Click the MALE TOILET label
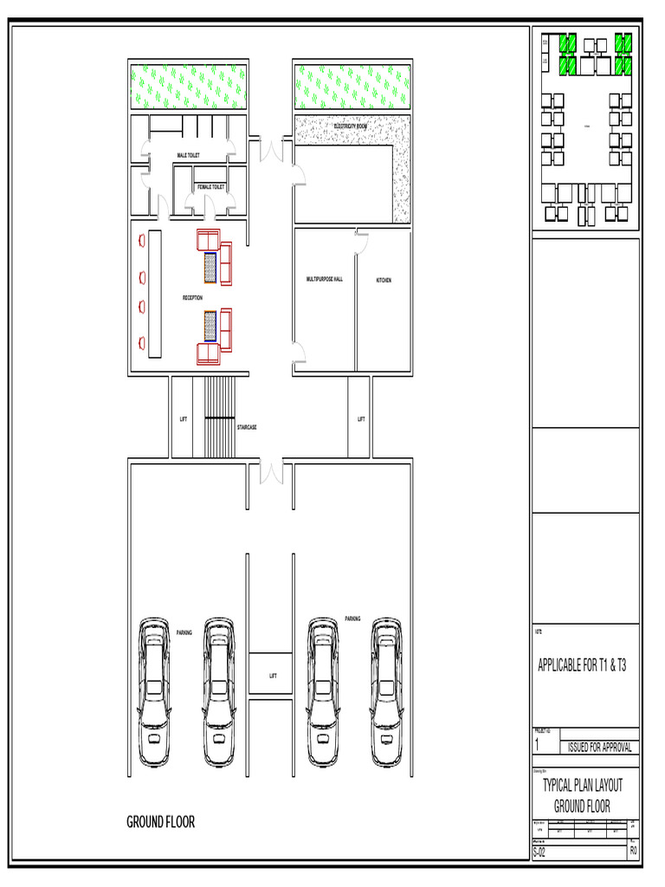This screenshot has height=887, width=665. pos(188,155)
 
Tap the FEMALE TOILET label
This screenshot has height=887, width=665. pos(210,187)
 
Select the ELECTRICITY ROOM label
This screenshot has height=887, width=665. pos(351,126)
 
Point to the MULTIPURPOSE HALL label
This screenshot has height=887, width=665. pos(324,279)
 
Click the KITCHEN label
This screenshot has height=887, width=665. pos(384,280)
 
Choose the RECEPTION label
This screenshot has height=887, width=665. pos(192,298)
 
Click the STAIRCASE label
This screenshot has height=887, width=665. pos(247,427)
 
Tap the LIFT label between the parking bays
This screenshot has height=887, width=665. pos(273,676)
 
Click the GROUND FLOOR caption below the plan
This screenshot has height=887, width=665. pos(161,822)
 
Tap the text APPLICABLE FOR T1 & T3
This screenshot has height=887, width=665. pos(582,666)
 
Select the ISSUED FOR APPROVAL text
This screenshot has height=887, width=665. pos(599,748)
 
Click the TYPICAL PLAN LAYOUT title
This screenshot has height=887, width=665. pos(582,786)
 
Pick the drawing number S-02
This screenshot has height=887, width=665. pos(539,851)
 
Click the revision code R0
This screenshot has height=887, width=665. pos(633,851)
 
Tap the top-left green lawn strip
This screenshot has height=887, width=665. pos(187,86)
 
